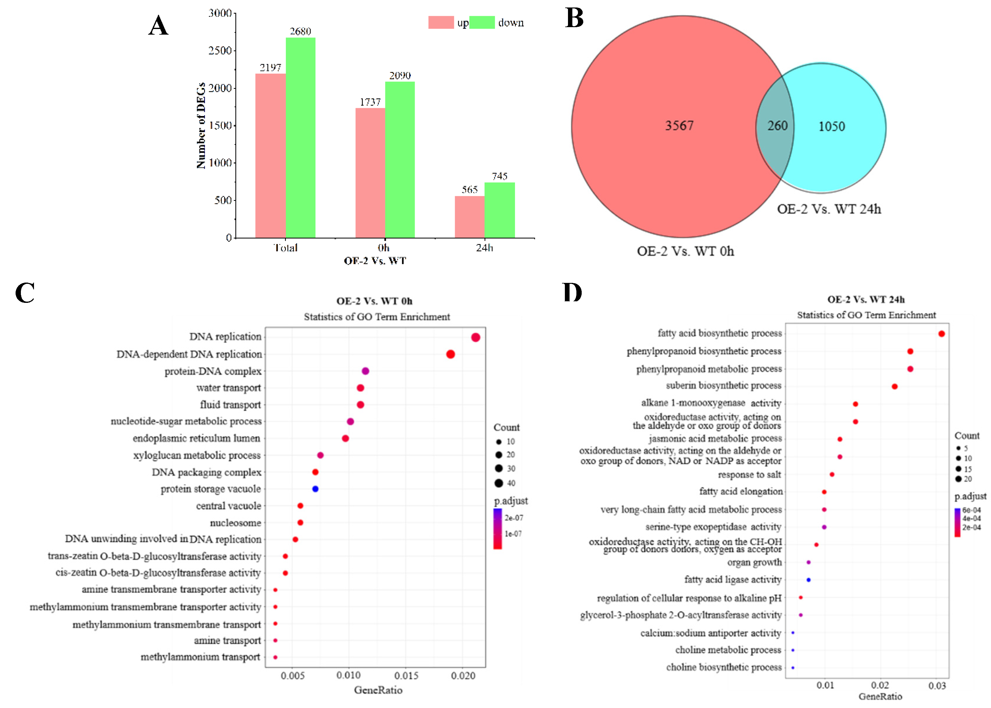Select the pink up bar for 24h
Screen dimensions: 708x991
(469, 217)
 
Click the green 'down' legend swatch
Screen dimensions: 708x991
(482, 22)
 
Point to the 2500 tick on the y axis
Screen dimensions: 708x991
(220, 51)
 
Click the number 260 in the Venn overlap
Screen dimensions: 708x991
(777, 126)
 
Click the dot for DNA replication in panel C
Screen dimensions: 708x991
(475, 337)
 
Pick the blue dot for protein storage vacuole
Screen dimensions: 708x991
(315, 489)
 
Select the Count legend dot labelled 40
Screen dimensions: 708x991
(499, 483)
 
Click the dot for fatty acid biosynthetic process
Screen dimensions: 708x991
(941, 334)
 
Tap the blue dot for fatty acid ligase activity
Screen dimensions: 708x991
(809, 580)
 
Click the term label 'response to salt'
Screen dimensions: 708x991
(749, 474)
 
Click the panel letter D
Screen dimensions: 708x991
(572, 293)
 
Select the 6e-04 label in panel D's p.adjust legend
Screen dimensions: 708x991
(971, 510)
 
